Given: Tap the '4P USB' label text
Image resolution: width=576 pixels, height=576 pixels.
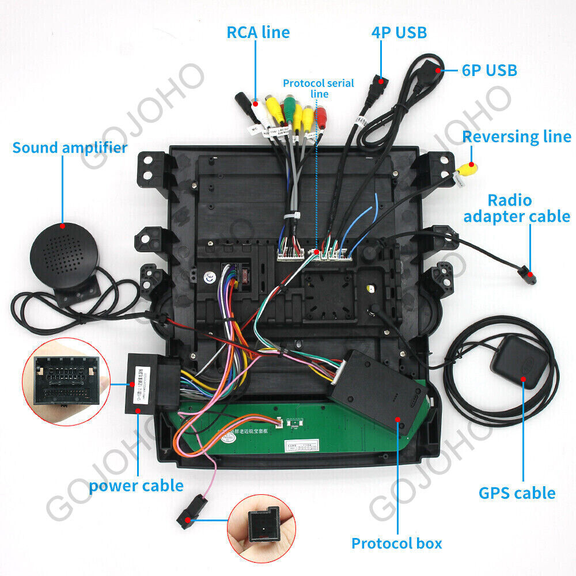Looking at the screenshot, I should pos(399,32).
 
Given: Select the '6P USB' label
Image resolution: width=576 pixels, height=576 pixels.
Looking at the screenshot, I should pos(489,70).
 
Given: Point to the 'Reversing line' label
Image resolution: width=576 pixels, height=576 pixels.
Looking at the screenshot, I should pos(517,137).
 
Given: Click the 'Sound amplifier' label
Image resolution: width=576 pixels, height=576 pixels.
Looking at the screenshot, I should pos(70,147).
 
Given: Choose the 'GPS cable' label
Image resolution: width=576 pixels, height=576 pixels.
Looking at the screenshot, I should pos(517,493).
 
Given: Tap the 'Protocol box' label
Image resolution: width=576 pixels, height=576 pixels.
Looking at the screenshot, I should pos(397,543).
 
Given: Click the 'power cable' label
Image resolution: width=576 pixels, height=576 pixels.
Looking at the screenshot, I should pos(136,486).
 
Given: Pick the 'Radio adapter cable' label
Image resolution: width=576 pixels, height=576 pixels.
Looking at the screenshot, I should pos(517,209).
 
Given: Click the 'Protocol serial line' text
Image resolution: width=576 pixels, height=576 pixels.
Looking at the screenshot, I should pos(318,88).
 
